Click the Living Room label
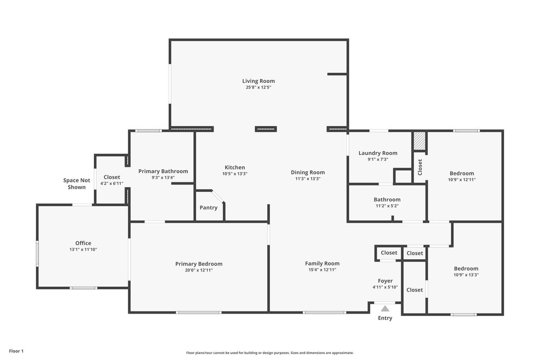click(x=258, y=81)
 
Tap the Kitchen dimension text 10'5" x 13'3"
click(x=235, y=174)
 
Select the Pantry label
click(x=208, y=208)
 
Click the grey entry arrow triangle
click(x=385, y=308)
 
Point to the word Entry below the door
click(x=385, y=318)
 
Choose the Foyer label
click(x=385, y=281)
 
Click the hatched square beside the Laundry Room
click(x=419, y=141)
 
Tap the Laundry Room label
click(x=378, y=153)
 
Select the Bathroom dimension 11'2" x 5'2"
click(x=387, y=206)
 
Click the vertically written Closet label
click(x=420, y=167)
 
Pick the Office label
click(x=83, y=243)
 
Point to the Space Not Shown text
click(x=76, y=184)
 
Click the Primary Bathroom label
click(x=163, y=171)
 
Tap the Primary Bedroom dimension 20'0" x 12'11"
click(x=199, y=270)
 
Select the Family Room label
click(x=322, y=264)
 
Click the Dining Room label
click(x=308, y=172)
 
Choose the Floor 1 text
click(x=16, y=351)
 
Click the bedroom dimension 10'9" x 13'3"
click(x=466, y=275)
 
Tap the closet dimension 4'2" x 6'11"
click(x=112, y=184)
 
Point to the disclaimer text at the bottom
click(x=270, y=353)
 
